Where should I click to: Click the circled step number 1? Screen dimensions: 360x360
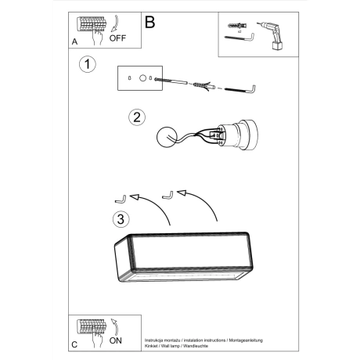tap(88, 64)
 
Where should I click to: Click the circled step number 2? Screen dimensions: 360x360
tap(136, 117)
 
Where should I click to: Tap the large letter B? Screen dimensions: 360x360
tap(150, 23)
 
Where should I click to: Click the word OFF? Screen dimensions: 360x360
tap(117, 37)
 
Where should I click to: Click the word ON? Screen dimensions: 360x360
tap(116, 340)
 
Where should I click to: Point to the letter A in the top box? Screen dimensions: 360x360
tap(74, 41)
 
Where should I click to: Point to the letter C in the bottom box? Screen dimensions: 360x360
tap(74, 344)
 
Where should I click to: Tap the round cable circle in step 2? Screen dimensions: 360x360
tap(167, 139)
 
